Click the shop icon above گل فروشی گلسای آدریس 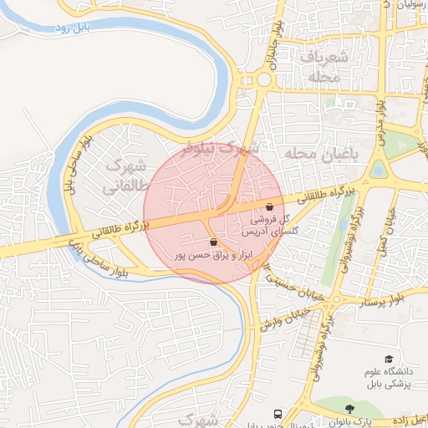[269, 206]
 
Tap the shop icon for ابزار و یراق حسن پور [214, 242]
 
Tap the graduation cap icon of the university [388, 358]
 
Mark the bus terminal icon [277, 413]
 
